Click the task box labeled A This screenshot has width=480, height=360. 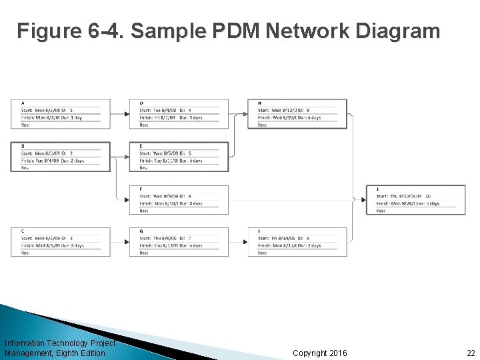coord(61,114)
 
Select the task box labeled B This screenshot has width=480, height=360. coord(61,157)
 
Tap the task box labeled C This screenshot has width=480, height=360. coord(61,242)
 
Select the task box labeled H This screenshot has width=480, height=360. coord(297,114)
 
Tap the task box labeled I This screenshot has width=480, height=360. coord(297,242)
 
